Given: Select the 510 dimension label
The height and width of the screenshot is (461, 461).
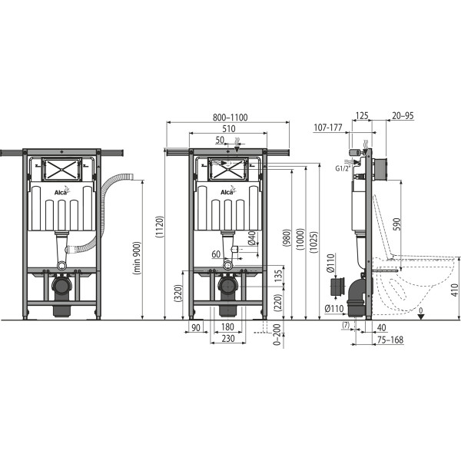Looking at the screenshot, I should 228,130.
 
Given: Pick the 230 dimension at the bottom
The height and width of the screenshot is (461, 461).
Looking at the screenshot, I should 228,339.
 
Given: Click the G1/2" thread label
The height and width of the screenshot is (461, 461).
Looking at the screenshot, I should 345,165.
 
